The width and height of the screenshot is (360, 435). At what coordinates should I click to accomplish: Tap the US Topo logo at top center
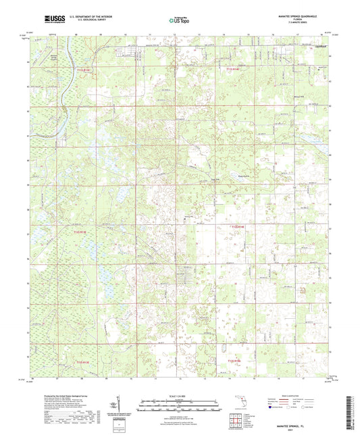(x=179, y=21)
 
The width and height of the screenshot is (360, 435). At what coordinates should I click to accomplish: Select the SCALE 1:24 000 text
(x=180, y=395)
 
